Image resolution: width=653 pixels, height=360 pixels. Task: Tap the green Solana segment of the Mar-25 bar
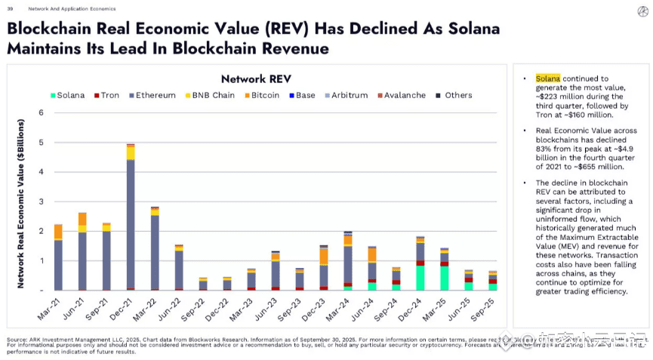click(x=444, y=278)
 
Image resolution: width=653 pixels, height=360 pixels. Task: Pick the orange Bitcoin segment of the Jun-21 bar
click(x=82, y=219)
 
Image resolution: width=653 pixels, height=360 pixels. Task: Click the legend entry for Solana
click(x=67, y=96)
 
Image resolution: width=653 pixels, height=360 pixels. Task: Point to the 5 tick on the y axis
click(x=42, y=143)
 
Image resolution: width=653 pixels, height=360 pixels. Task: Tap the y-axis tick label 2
click(x=42, y=231)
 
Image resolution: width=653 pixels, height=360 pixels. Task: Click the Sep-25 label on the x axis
click(x=484, y=309)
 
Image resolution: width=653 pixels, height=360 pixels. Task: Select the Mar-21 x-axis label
click(x=50, y=309)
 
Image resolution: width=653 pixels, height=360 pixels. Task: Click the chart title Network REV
click(x=256, y=78)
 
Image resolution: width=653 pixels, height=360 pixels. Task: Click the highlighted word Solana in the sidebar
click(x=548, y=78)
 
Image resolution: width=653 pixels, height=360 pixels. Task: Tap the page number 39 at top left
click(x=10, y=8)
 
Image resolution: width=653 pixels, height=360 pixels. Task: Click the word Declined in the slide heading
click(x=350, y=29)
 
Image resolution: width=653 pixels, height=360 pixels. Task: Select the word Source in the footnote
click(x=17, y=340)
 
